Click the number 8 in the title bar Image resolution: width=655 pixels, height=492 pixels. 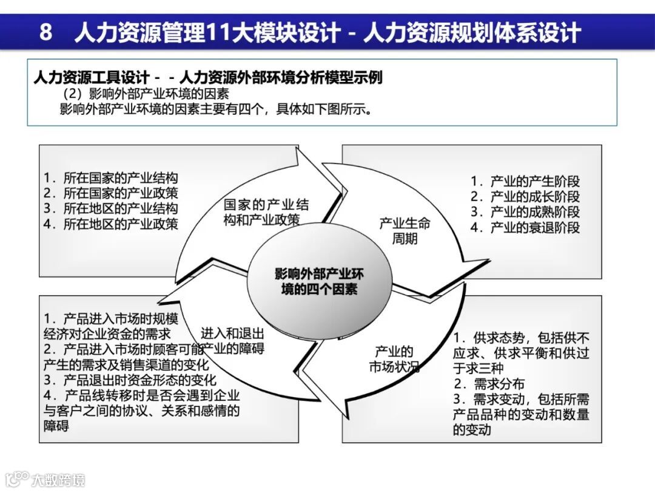click(x=46, y=32)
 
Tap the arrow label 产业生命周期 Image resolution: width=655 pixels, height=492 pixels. click(x=405, y=231)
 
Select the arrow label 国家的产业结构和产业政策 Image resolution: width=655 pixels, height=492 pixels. click(x=266, y=212)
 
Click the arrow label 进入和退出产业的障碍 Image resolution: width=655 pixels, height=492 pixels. click(x=233, y=341)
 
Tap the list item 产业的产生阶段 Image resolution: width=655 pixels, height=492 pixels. click(x=525, y=181)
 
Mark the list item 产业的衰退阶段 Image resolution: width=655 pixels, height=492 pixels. click(x=525, y=228)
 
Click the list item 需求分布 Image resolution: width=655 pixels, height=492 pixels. click(x=490, y=384)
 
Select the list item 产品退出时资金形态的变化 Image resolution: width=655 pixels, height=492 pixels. click(x=130, y=380)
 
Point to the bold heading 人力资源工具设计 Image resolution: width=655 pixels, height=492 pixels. click(x=91, y=78)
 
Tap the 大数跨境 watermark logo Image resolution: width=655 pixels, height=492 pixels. click(x=45, y=479)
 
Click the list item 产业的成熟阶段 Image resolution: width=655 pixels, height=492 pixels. click(x=525, y=212)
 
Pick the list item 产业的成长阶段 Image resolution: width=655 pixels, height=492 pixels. click(x=525, y=196)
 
